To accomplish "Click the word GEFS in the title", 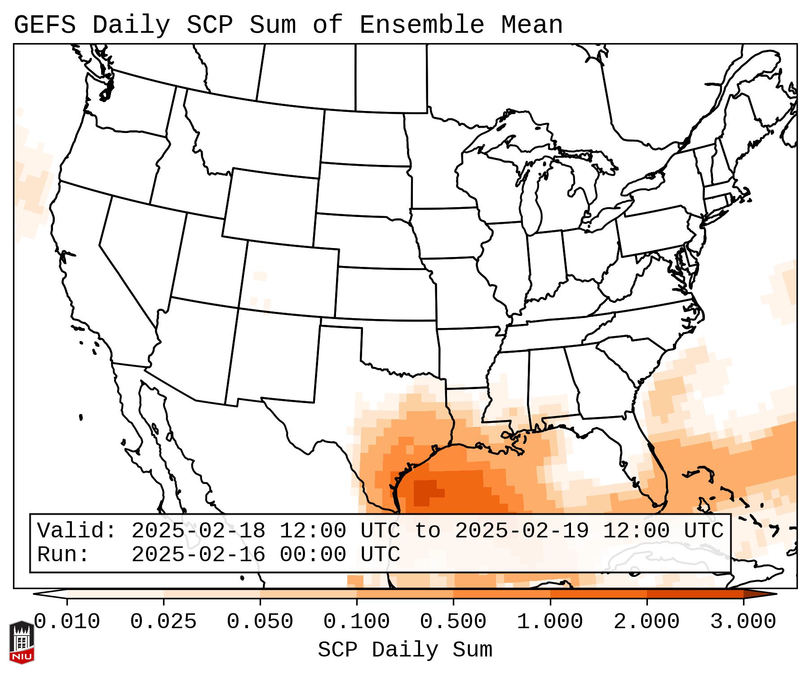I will pos(44,25).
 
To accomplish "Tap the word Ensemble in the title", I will pos(422,25).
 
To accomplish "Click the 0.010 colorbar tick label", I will pos(67,622).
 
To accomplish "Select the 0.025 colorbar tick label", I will pos(164,622).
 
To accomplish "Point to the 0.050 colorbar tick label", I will pos(260,622).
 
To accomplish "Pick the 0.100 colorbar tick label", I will pos(357,622).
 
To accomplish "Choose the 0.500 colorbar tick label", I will pos(453,622).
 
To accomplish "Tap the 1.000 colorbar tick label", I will pos(550,622).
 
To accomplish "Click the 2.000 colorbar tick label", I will pos(646,622).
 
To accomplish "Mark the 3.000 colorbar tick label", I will pos(743,622).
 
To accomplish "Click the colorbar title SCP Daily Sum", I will pos(405,650).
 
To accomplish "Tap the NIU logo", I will pos(22,642).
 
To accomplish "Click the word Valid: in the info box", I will pos(76,531).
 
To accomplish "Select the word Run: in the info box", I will pos(63,554).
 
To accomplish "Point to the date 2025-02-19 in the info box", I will pos(522,531).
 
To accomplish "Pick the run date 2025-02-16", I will pos(198,554).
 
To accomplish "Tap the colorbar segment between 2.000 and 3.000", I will pos(695,594).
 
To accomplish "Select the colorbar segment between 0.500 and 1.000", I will pos(502,594).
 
